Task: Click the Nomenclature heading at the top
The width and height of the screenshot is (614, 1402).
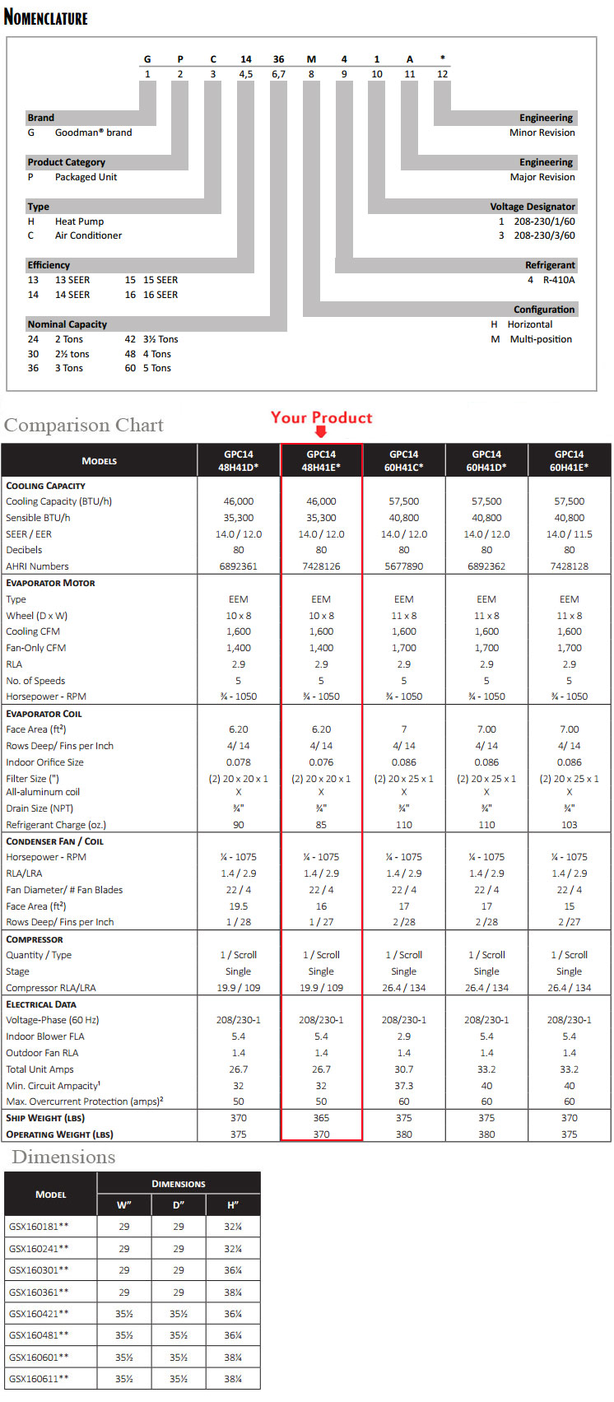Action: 46,16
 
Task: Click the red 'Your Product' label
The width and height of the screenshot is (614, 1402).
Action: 321,417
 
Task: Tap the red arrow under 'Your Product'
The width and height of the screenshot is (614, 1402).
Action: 321,432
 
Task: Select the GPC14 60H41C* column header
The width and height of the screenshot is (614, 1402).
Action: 403,460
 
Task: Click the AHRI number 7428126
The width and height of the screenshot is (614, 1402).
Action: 321,566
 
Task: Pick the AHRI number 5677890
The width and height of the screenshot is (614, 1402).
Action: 403,566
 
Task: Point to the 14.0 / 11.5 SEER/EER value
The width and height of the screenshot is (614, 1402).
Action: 569,534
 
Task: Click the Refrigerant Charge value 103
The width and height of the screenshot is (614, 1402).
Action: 569,825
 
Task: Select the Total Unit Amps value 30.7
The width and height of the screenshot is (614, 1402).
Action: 403,1069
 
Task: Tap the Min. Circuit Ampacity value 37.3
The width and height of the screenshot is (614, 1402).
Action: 403,1086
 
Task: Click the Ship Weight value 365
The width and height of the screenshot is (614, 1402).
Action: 321,1118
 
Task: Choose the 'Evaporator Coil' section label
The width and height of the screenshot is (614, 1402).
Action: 44,714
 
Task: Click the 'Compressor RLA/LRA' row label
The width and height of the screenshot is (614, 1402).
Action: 51,988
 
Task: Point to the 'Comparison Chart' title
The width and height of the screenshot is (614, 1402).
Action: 84,425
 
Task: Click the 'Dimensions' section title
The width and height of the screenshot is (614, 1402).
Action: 63,1157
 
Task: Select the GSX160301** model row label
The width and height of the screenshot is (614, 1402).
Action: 39,1270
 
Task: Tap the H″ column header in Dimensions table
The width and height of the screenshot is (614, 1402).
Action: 233,1205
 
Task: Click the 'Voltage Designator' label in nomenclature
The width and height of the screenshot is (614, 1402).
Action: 533,207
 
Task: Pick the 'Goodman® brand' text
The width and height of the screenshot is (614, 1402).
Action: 93,133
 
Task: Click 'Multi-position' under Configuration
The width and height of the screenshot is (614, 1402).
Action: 541,339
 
